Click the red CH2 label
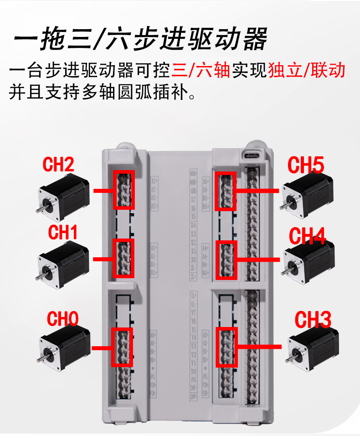tap(58, 165)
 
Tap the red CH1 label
tap(63, 233)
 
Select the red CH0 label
tap(63, 319)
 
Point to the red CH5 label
tap(306, 165)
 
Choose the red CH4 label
tap(308, 237)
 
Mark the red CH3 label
tap(313, 320)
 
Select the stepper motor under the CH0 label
tap(64, 348)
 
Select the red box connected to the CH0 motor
tap(122, 347)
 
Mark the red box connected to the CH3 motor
tap(226, 347)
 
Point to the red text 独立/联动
tap(306, 71)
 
